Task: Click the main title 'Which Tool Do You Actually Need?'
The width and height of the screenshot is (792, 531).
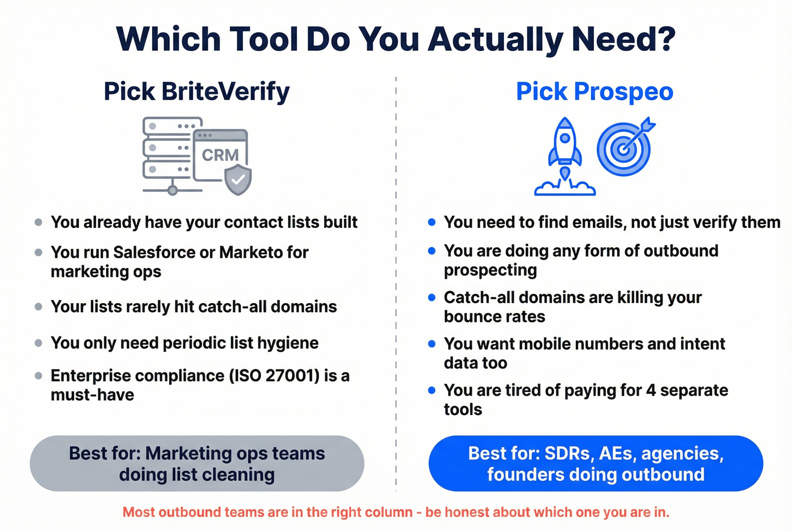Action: pyautogui.click(x=396, y=39)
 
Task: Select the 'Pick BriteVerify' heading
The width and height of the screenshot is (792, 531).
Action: pyautogui.click(x=196, y=92)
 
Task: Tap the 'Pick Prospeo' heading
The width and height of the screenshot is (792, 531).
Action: pyautogui.click(x=595, y=92)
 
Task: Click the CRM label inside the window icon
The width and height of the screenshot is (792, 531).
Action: pyautogui.click(x=220, y=155)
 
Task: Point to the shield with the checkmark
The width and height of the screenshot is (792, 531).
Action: pyautogui.click(x=238, y=180)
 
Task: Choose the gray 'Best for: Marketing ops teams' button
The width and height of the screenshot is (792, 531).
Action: pyautogui.click(x=197, y=464)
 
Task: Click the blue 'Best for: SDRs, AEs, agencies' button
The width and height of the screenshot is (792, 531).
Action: pyautogui.click(x=596, y=464)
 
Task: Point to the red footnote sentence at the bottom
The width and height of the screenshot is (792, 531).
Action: pyautogui.click(x=396, y=512)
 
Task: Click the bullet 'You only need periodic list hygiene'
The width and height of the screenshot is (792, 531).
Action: pyautogui.click(x=184, y=343)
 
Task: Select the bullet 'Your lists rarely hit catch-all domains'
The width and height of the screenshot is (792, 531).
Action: pyautogui.click(x=193, y=306)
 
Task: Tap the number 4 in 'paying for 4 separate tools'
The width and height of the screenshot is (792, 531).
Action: pyautogui.click(x=651, y=390)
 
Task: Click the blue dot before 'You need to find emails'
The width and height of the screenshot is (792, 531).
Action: pyautogui.click(x=432, y=222)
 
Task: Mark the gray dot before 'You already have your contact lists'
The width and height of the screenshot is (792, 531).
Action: pyautogui.click(x=38, y=222)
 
